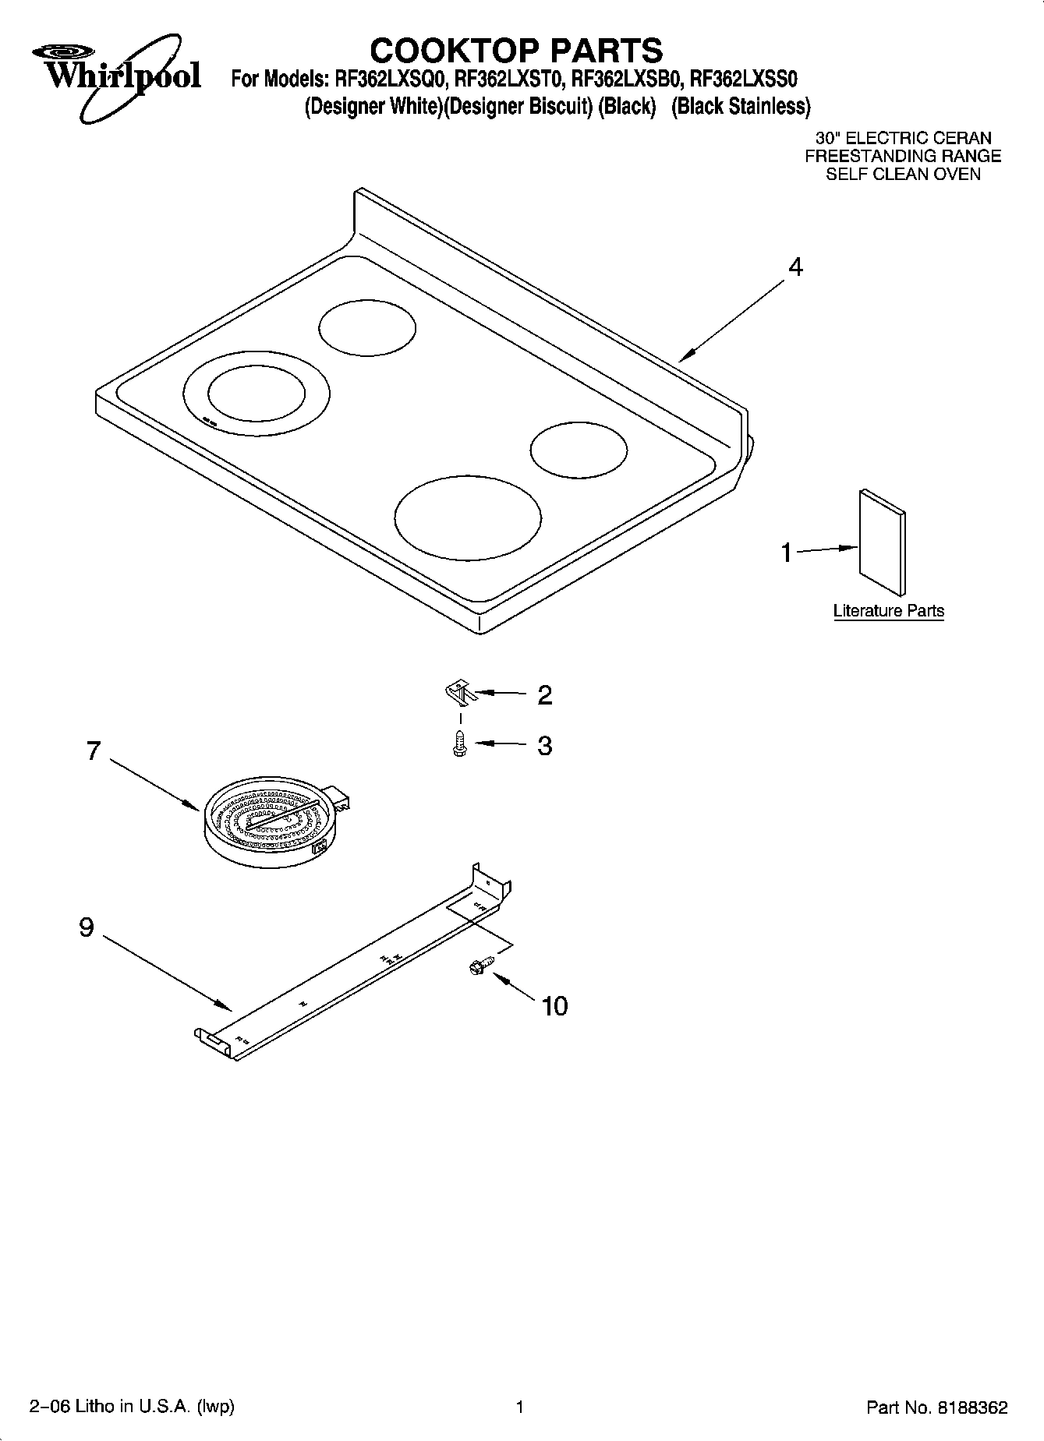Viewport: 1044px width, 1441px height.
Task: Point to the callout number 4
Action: (x=795, y=267)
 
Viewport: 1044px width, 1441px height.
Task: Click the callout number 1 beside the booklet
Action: (x=787, y=553)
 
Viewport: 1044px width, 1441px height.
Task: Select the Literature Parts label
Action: (x=888, y=611)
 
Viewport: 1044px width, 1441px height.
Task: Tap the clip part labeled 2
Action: (x=458, y=690)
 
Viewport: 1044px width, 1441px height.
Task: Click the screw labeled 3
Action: (x=459, y=745)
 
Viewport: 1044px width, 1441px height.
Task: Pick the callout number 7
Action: (x=94, y=751)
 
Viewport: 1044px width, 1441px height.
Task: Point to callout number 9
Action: (x=87, y=927)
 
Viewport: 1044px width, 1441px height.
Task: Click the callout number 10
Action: (x=554, y=1006)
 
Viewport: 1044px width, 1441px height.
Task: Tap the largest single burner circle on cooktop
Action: (x=467, y=518)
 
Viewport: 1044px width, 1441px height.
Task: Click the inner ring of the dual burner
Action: (x=257, y=394)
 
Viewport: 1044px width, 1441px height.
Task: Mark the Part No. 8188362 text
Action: (x=936, y=1407)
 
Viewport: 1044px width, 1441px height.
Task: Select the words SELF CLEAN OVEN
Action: (x=903, y=174)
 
